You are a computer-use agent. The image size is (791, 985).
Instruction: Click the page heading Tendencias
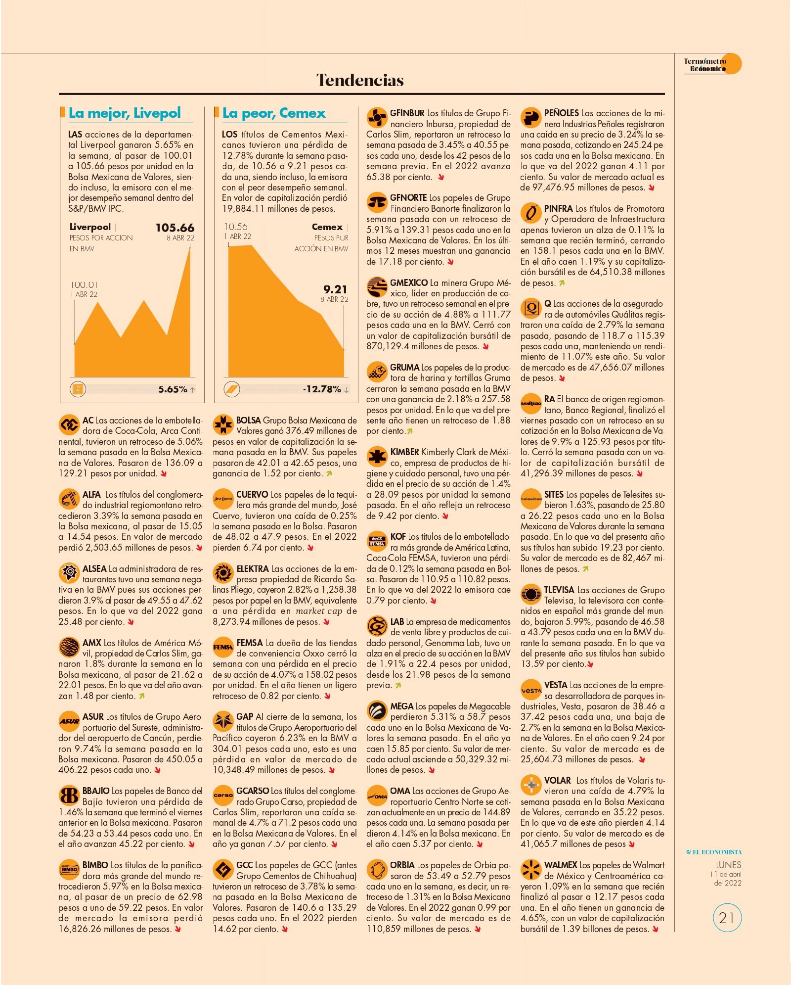(360, 80)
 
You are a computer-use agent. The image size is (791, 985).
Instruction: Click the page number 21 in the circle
(727, 918)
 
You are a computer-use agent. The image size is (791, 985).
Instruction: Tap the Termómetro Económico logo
(712, 64)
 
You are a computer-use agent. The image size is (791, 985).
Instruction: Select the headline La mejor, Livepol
(125, 113)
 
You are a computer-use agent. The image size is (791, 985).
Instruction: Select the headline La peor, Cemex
(274, 113)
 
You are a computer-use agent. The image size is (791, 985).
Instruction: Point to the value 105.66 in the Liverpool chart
(175, 228)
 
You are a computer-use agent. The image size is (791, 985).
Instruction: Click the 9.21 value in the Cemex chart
(335, 289)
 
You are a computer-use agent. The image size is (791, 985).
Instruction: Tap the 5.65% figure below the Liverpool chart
(173, 389)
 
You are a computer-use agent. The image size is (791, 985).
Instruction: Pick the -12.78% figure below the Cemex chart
(322, 389)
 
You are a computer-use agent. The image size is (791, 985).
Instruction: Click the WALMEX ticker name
(561, 865)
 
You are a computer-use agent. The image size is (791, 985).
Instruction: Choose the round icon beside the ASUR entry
(69, 721)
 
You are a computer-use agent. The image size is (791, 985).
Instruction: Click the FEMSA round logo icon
(223, 647)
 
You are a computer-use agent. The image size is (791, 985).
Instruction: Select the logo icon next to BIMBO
(69, 869)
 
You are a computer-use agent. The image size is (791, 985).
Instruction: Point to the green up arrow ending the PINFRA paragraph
(562, 283)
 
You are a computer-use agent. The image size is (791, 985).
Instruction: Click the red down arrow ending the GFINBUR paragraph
(441, 177)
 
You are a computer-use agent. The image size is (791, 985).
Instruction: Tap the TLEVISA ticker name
(559, 590)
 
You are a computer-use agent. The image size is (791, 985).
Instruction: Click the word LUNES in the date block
(728, 865)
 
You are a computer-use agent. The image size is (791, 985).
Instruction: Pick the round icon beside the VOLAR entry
(531, 785)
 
